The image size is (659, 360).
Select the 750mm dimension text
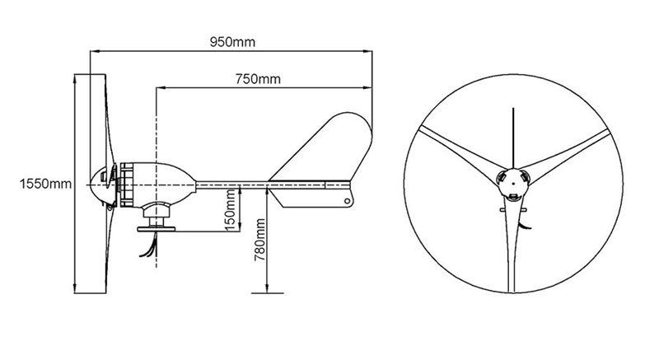tap(258, 79)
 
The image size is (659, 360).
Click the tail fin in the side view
tap(329, 148)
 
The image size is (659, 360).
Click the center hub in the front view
tap(513, 183)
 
